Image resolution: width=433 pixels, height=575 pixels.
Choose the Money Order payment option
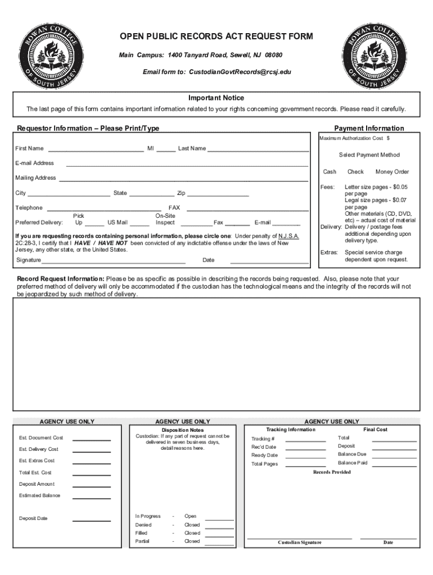(392, 172)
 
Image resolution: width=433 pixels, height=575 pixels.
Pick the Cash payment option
(330, 172)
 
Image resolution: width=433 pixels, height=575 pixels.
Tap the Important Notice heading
(216, 98)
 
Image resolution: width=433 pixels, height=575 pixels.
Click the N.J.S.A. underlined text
(288, 236)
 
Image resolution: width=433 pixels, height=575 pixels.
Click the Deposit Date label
(33, 518)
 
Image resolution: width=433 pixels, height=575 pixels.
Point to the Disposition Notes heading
(183, 430)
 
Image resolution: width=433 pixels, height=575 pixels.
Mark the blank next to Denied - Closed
(220, 527)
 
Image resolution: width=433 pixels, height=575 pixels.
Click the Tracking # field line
(305, 441)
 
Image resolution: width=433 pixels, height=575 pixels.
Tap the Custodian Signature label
(300, 542)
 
